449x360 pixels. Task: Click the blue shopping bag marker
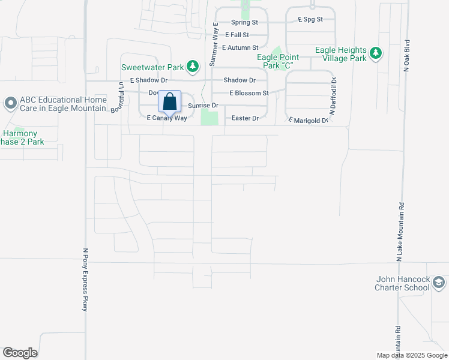[170, 101]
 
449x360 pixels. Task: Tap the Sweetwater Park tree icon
[192, 67]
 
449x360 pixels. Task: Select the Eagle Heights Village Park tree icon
[376, 53]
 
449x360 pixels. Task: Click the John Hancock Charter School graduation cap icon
[439, 283]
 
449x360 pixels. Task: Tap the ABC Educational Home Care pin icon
[10, 104]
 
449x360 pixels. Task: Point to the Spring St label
[245, 22]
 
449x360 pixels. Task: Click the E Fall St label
[237, 35]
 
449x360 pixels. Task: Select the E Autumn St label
[240, 47]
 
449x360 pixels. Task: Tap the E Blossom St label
[249, 93]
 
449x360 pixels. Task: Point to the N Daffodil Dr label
[332, 97]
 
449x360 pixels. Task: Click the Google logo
[20, 353]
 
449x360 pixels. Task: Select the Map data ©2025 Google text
[412, 355]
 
